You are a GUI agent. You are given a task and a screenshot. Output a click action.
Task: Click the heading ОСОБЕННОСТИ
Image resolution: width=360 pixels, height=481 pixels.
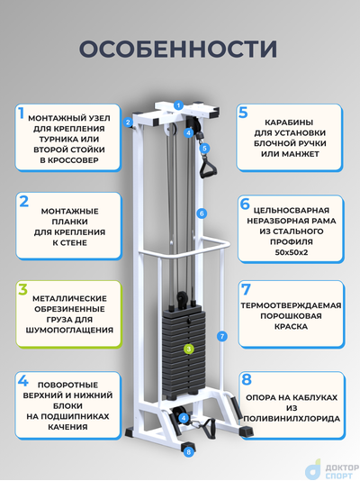tap(178, 49)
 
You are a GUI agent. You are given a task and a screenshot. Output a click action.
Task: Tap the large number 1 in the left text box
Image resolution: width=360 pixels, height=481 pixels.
tap(21, 115)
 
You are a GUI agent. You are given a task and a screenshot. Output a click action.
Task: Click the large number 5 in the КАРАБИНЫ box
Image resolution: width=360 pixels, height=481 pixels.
tap(243, 114)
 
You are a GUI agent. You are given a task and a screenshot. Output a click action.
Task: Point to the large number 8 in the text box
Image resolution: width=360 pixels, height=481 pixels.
tap(246, 381)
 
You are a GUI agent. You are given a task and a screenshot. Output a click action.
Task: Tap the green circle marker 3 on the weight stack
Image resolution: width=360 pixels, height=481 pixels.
tap(189, 348)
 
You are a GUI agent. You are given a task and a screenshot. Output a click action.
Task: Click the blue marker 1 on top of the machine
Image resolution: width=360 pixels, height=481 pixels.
tap(178, 106)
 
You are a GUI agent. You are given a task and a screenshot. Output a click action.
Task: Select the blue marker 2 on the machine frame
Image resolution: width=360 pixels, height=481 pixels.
tap(129, 122)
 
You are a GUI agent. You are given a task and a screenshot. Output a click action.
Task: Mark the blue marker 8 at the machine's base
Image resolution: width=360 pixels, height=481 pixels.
tap(188, 451)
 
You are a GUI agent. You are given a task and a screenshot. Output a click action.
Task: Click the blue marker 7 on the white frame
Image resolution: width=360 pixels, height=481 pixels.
tap(221, 336)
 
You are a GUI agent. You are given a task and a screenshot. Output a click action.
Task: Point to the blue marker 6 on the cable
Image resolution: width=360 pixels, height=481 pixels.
tap(202, 213)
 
